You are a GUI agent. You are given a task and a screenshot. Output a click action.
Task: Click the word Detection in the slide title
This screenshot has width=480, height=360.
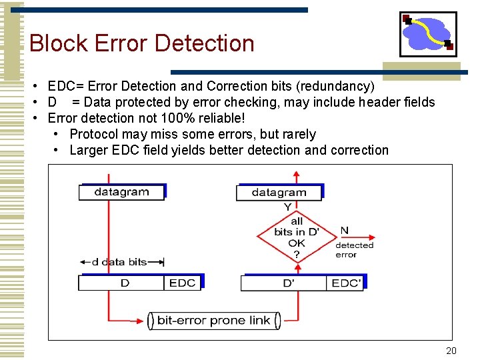[x=207, y=43]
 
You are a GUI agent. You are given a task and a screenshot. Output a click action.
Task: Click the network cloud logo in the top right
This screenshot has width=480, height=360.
[x=428, y=34]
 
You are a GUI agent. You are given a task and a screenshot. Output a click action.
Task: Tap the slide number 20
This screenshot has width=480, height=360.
[x=451, y=351]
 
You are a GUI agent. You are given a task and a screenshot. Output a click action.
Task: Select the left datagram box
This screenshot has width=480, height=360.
[x=121, y=192]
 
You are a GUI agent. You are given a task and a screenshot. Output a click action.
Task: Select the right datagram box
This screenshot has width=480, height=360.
[x=279, y=193]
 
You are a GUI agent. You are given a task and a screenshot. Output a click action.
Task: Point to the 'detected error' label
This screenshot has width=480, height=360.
[x=354, y=250]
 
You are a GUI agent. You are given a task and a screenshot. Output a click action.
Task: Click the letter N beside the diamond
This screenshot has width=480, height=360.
[x=344, y=231]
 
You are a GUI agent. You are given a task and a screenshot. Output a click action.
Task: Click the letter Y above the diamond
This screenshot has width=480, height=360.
[x=287, y=207]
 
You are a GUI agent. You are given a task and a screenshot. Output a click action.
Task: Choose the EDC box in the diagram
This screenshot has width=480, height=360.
[x=182, y=283]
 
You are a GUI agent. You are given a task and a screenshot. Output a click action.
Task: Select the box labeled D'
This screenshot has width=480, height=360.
[x=288, y=283]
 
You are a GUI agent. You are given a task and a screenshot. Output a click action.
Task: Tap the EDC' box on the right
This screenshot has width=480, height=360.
[x=345, y=283]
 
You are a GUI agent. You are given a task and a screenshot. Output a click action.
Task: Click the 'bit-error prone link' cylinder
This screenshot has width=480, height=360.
[x=213, y=321]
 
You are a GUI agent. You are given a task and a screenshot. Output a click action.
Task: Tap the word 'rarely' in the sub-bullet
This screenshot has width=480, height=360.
[x=297, y=134]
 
